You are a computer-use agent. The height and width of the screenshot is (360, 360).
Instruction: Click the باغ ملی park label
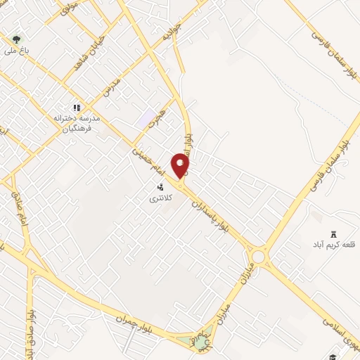15,50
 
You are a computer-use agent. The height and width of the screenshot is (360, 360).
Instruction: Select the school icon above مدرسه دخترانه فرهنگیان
77,108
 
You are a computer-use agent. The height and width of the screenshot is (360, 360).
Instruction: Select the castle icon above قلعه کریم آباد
333,235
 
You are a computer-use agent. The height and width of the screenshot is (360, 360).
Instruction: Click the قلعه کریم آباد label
335,246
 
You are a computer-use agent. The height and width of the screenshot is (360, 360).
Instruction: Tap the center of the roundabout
259,257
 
